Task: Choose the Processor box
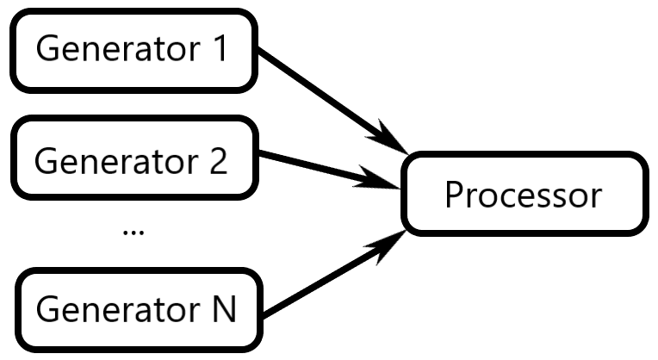(522, 194)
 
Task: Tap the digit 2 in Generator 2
(218, 161)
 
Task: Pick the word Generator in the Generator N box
(115, 308)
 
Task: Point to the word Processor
(522, 195)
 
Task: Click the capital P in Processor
(453, 195)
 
